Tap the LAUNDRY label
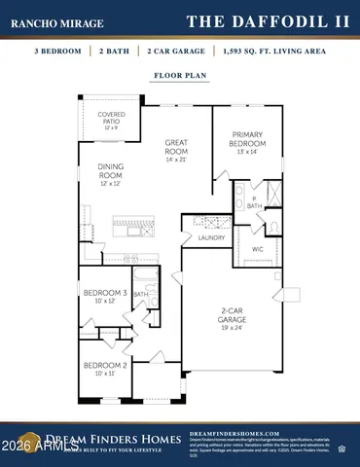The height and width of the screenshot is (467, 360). pos(211,237)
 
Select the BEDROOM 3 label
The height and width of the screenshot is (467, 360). pos(104,292)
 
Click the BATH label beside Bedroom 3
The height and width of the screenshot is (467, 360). pos(140,294)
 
